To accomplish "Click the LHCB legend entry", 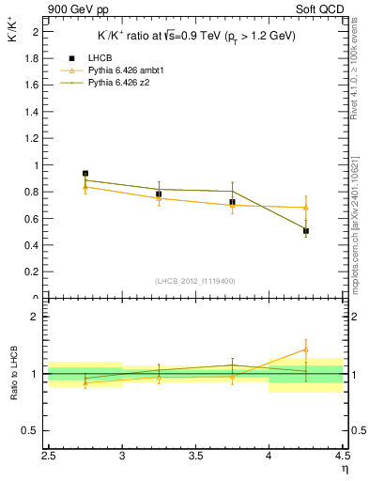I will [x=99, y=59].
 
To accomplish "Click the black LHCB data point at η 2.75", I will [x=85, y=174].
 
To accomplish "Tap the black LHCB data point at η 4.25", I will [x=306, y=230].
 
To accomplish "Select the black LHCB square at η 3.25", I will [x=159, y=194].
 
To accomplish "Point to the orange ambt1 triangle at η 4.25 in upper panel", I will [x=306, y=208].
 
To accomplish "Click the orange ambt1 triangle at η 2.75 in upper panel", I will [x=85, y=187].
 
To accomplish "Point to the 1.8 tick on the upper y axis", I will [x=33, y=58].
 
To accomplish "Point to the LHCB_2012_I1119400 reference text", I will [x=196, y=281].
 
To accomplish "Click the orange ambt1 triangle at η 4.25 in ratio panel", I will [x=306, y=349].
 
